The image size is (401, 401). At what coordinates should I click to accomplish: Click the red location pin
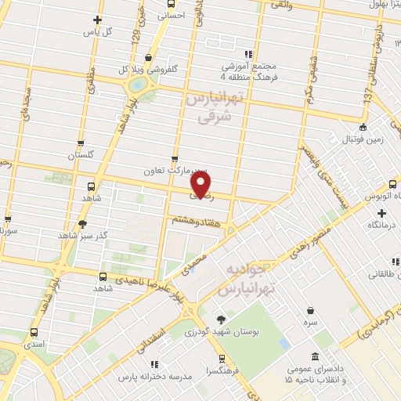coord(201,183)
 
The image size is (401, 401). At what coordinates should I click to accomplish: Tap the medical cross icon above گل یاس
coord(97,20)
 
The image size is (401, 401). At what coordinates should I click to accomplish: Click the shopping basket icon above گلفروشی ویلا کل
coord(149,57)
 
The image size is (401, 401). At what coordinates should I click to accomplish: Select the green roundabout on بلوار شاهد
coord(138,84)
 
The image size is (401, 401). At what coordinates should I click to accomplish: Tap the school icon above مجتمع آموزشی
coord(248,55)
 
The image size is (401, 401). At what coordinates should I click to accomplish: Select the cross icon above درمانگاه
coord(381,213)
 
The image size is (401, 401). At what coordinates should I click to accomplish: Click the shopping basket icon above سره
coord(311,310)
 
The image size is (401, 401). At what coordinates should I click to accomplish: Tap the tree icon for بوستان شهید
coord(221,319)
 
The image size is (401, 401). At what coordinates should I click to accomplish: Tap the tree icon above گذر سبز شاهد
coord(83,223)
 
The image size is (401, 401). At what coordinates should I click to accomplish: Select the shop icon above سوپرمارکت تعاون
coord(174,158)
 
